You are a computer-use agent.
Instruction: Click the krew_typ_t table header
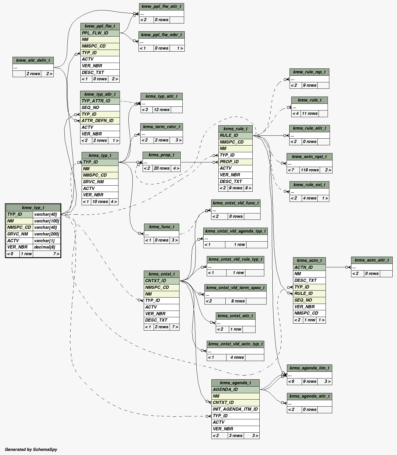[x=33, y=208]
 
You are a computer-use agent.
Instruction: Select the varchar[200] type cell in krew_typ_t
[x=46, y=234]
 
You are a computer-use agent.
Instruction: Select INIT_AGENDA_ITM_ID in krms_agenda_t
[x=235, y=409]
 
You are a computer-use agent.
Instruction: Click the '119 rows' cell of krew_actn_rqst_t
[x=310, y=170]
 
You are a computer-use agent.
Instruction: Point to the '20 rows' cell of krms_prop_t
[x=161, y=168]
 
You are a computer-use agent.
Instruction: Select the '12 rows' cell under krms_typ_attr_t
[x=162, y=110]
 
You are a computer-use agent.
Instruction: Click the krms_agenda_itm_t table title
[x=309, y=368]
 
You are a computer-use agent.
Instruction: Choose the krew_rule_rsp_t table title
[x=309, y=72]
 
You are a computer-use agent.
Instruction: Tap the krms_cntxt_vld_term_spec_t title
[x=235, y=288]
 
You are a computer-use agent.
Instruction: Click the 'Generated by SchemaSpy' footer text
[x=31, y=449]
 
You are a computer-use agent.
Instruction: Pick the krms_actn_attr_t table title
[x=371, y=260]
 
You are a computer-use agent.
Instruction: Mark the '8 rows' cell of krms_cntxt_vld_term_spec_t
[x=238, y=301]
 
